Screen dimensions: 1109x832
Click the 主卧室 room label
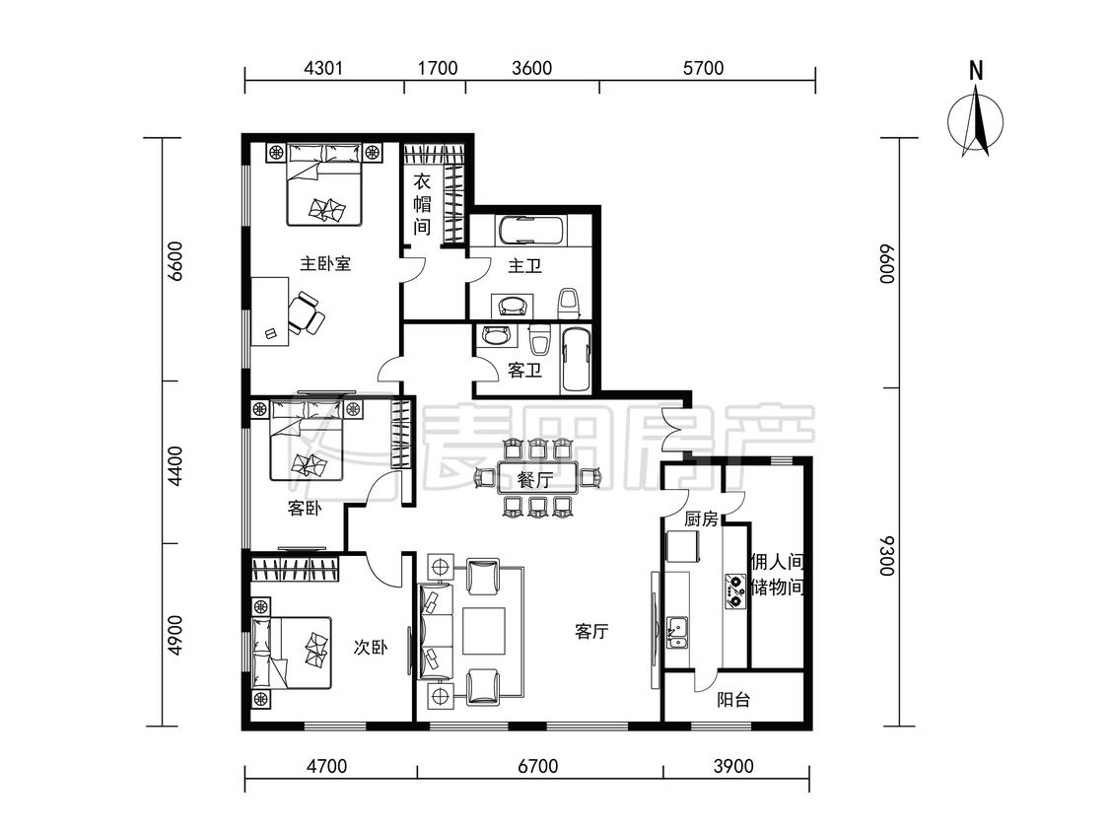(x=325, y=264)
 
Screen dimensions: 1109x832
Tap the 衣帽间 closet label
(x=422, y=204)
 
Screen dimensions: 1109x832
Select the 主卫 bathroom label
(x=524, y=266)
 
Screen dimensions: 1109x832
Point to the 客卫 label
(x=524, y=370)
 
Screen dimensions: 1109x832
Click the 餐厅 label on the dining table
(x=534, y=480)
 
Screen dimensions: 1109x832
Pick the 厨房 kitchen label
(x=701, y=520)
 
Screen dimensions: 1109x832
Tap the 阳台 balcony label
(x=732, y=701)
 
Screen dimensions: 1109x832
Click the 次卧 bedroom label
(x=371, y=647)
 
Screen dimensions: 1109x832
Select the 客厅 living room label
(x=591, y=631)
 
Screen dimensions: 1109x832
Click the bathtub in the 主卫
(x=531, y=230)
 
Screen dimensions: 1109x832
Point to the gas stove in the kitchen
(x=734, y=591)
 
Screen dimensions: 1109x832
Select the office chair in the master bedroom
(x=307, y=312)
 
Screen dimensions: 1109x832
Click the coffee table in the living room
(x=484, y=630)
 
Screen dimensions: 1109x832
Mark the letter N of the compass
(x=976, y=71)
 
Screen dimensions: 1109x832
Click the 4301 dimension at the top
(x=323, y=68)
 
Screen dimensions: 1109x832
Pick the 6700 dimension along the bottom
(x=538, y=766)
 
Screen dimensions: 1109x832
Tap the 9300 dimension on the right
(x=887, y=555)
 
